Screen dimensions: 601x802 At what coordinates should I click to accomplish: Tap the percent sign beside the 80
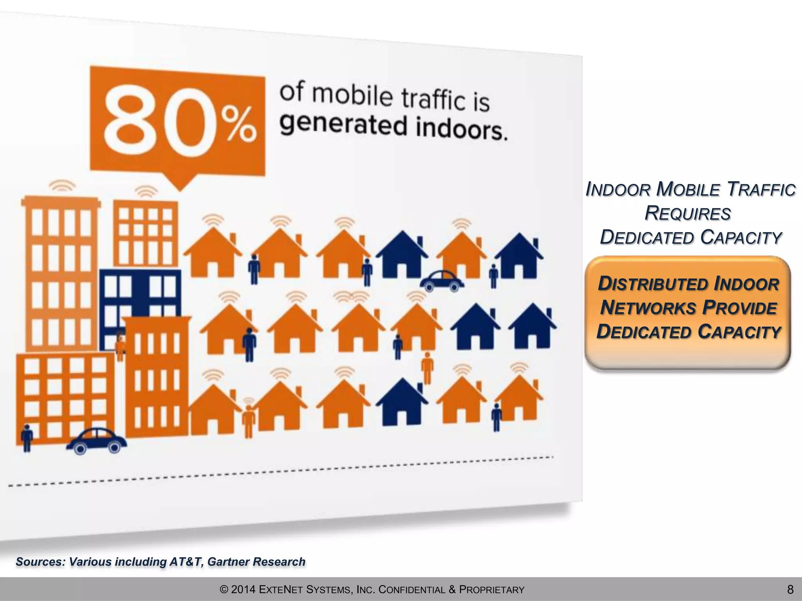click(238, 125)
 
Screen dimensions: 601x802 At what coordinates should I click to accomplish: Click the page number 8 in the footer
click(790, 589)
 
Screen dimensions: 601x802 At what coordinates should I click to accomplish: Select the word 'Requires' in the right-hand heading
click(688, 214)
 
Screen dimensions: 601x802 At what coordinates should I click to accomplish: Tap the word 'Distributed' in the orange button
click(654, 284)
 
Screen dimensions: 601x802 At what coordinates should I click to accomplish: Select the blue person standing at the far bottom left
click(27, 438)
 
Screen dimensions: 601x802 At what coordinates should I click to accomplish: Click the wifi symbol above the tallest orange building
click(62, 185)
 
